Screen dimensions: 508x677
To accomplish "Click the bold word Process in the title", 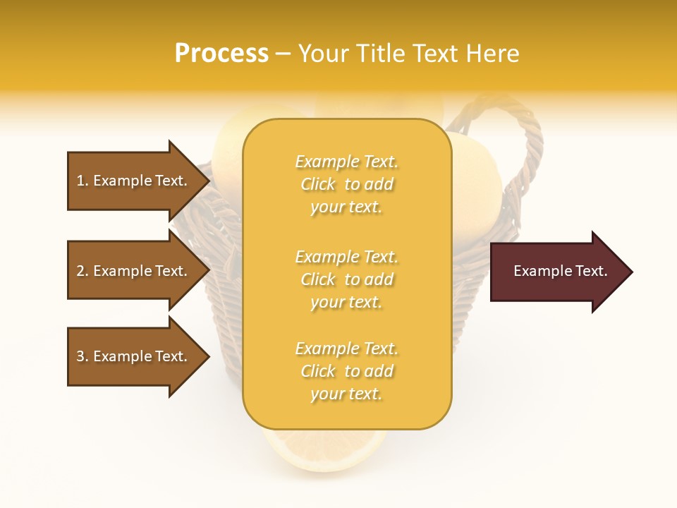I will point(221,54).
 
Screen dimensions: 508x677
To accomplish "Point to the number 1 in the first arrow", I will point(80,181).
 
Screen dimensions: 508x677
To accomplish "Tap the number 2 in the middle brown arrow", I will point(80,271).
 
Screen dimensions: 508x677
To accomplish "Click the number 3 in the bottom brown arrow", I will point(80,356).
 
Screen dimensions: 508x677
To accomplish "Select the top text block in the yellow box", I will point(346,184).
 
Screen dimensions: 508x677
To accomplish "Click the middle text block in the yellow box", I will point(346,279).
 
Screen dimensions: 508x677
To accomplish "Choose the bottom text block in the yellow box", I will point(346,371).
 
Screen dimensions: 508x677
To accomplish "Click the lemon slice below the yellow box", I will point(324,445).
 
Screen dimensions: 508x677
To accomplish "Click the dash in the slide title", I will point(283,54).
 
